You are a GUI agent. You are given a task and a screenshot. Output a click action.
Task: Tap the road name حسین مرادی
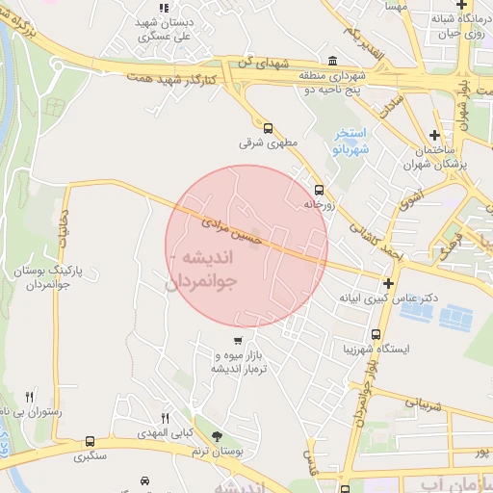point(229,230)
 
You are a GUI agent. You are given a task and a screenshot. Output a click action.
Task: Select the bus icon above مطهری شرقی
point(267,127)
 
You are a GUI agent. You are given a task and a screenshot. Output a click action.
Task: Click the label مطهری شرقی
point(264,143)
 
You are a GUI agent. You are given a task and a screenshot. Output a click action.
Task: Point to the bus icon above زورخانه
point(319,190)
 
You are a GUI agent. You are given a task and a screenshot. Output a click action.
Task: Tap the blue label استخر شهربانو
point(349,141)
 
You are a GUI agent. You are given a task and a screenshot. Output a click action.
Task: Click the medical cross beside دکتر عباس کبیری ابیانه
point(387,283)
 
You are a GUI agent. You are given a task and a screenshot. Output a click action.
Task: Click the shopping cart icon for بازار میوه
point(238,341)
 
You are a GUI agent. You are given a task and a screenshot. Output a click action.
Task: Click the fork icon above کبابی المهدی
point(165,418)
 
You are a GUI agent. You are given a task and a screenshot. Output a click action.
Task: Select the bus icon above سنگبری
point(90,441)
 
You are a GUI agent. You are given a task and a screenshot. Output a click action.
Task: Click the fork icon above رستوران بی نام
point(29,396)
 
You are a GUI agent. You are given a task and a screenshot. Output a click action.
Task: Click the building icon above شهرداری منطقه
point(332,60)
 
